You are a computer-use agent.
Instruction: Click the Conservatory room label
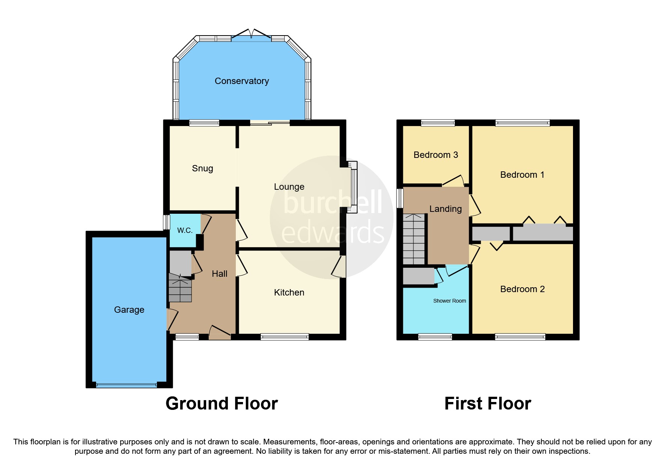pos(241,81)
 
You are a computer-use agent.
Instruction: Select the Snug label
pos(202,168)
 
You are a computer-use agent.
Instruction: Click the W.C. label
pos(185,230)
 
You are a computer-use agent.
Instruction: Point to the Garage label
pos(129,310)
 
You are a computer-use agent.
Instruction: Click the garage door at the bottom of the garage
pos(126,385)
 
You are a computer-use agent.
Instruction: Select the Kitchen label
pos(289,292)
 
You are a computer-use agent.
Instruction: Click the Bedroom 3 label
pos(436,155)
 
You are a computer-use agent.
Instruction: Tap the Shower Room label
pos(449,301)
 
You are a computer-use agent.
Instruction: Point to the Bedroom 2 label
pos(522,289)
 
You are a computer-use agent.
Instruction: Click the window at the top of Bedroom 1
pos(522,123)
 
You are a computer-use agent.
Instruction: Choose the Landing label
pos(445,209)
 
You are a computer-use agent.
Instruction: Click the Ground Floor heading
pos(222,404)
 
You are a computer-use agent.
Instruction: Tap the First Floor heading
pos(487,404)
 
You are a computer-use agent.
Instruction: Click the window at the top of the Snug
pos(204,123)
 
